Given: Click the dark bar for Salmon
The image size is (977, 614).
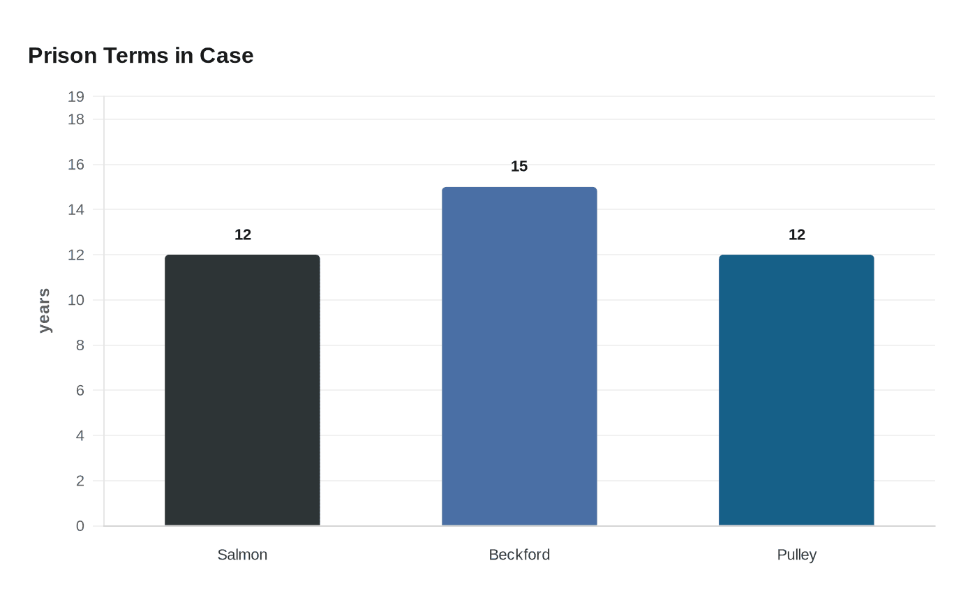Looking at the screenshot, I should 242,390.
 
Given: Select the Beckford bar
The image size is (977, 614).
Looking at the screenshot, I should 519,356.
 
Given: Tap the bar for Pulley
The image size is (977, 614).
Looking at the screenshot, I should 796,390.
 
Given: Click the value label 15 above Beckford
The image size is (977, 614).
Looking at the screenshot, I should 519,166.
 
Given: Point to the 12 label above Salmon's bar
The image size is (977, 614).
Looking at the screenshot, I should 243,234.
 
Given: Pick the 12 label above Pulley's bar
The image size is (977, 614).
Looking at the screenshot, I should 797,234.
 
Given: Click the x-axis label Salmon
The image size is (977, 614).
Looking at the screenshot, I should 242,555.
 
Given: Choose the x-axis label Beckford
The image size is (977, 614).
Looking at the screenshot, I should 519,555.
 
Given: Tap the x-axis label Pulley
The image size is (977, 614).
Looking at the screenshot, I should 796,555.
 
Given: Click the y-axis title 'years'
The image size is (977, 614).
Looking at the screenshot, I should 44,310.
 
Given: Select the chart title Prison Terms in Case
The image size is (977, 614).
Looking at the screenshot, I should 140,55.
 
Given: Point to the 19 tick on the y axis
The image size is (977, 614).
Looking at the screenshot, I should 76,97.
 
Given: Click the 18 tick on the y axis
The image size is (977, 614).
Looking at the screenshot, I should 76,119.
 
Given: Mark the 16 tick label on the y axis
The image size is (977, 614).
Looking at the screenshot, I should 76,165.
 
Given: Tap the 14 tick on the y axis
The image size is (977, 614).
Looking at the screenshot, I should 76,209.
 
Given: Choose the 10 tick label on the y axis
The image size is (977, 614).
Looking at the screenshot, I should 76,300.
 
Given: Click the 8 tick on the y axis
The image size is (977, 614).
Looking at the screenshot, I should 80,345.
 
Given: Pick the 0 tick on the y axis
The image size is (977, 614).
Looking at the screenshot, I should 80,526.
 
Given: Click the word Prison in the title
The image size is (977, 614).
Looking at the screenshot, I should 62,55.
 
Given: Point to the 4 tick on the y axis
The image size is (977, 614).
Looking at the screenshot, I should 80,435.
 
